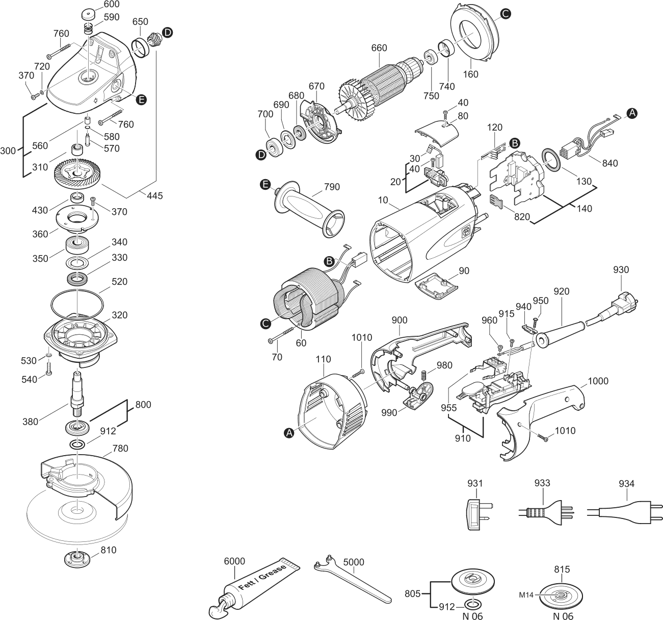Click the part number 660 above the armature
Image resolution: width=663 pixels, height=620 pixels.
point(379,48)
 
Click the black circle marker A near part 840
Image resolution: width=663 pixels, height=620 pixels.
point(631,113)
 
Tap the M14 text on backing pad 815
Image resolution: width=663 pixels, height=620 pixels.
point(526,595)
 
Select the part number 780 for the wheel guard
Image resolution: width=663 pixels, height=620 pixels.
point(120,448)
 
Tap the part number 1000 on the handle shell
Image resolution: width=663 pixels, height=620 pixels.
point(598,381)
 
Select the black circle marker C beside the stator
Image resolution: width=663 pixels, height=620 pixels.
point(266,324)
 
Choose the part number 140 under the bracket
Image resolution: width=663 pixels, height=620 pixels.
point(584,208)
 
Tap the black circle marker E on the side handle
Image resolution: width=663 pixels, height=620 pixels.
point(266,184)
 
